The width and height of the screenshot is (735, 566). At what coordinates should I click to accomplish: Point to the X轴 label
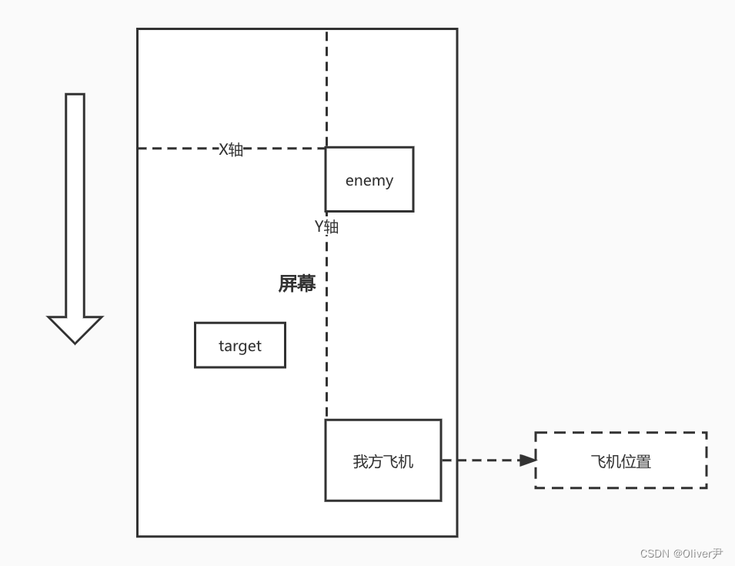coord(231,149)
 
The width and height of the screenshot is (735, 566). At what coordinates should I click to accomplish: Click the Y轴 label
coord(326,226)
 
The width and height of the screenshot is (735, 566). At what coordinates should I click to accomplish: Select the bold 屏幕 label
coord(297,283)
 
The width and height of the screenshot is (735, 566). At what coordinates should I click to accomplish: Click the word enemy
coord(369,180)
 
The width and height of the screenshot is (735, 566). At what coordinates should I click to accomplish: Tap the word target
coord(240,346)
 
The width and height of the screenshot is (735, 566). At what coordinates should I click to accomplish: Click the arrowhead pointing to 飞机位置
coord(527,461)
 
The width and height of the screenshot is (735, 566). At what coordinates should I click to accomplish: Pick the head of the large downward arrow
coord(75,329)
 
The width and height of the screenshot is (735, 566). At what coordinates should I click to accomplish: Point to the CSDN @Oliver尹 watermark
coord(681,553)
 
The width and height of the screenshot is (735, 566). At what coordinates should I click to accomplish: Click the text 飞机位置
coord(620,461)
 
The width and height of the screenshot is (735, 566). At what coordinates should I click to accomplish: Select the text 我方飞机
coord(383,461)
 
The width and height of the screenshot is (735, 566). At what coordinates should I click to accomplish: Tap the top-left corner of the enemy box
coord(326,148)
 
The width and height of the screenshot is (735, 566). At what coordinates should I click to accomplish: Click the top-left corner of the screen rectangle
coord(138,29)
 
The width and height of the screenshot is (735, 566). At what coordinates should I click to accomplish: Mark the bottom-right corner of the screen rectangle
coord(457,536)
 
